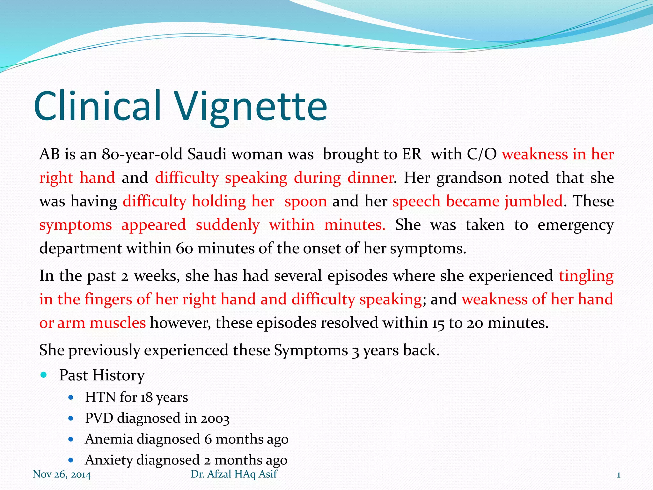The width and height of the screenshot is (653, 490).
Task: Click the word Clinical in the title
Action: click(97, 106)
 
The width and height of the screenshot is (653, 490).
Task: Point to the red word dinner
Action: click(371, 178)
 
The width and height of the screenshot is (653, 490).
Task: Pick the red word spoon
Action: click(306, 202)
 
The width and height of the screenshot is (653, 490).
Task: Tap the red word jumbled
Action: click(533, 202)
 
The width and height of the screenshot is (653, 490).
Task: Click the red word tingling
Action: click(586, 276)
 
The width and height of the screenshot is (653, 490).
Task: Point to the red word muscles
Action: click(118, 323)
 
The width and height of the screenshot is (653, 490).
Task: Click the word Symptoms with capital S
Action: click(311, 350)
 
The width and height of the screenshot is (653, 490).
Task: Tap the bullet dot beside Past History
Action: click(44, 375)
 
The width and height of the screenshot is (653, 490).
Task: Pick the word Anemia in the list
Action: click(109, 439)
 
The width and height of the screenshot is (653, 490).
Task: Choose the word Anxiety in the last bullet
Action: click(109, 460)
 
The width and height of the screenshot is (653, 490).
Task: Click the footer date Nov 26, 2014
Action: click(62, 475)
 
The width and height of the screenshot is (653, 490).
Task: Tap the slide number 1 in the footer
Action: click(619, 475)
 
